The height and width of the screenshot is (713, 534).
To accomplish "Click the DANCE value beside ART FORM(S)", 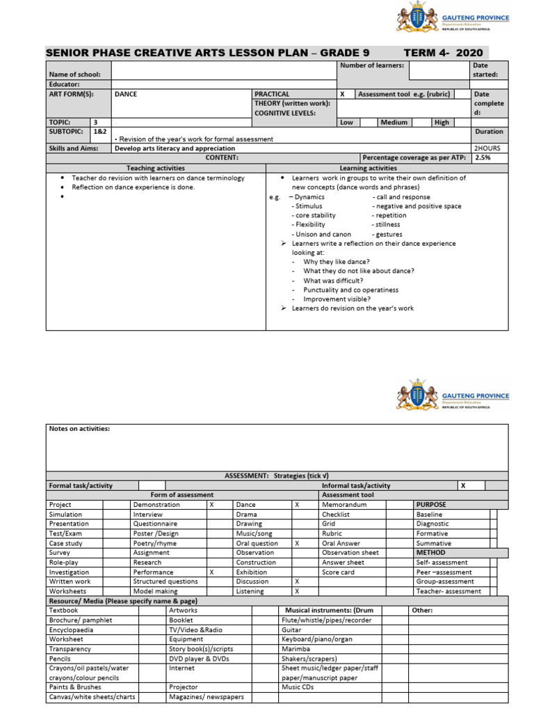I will pyautogui.click(x=126, y=94).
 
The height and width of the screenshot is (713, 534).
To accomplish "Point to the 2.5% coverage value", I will pyautogui.click(x=482, y=158).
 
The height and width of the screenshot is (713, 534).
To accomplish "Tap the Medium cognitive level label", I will pyautogui.click(x=394, y=123).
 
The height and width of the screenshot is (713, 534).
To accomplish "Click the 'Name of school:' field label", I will pyautogui.click(x=74, y=75).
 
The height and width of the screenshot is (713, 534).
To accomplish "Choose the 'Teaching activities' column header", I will pyautogui.click(x=156, y=168).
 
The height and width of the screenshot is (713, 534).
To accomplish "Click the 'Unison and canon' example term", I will pyautogui.click(x=323, y=235).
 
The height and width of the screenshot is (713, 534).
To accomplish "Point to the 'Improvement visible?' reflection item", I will pyautogui.click(x=335, y=299).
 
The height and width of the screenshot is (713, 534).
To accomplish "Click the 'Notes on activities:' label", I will pyautogui.click(x=79, y=429).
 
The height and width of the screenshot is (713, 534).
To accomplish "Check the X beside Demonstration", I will pyautogui.click(x=211, y=505).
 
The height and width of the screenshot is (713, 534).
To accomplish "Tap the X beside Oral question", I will pyautogui.click(x=297, y=543).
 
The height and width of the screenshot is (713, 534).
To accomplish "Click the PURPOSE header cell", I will pyautogui.click(x=431, y=505).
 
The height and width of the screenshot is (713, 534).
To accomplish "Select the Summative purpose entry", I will pyautogui.click(x=433, y=543).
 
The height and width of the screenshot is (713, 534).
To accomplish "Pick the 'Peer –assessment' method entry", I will pyautogui.click(x=444, y=572).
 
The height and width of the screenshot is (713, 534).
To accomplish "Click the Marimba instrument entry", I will pyautogui.click(x=295, y=649).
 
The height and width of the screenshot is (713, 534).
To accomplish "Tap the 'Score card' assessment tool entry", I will pyautogui.click(x=338, y=572).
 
